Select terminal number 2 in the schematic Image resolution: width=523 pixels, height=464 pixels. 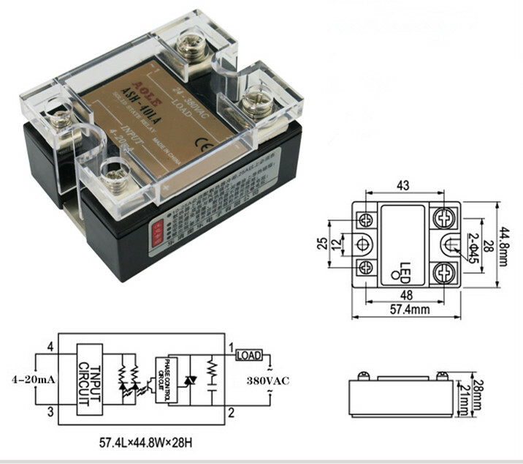coord(230,414)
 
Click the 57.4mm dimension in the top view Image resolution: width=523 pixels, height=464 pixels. coord(408,310)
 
